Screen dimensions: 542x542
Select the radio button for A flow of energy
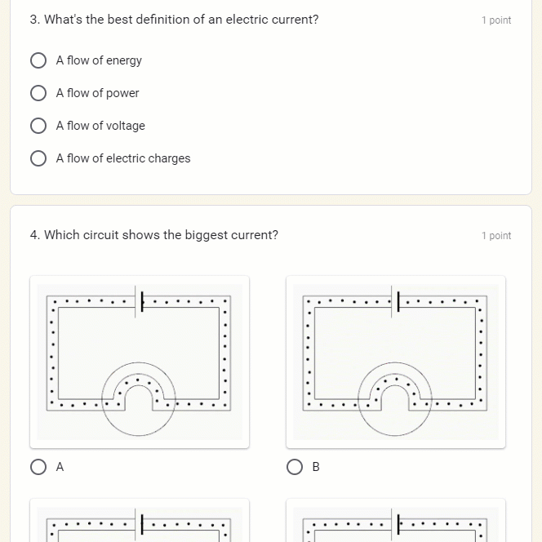tap(38, 60)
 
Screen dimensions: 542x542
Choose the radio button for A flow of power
tap(38, 93)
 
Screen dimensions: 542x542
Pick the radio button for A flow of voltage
tap(38, 126)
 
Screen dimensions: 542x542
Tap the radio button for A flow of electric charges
tap(38, 158)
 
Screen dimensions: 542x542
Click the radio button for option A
tap(38, 467)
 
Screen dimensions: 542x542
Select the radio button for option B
tap(295, 467)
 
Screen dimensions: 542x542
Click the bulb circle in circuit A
tap(139, 398)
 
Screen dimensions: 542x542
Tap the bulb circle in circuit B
tap(395, 398)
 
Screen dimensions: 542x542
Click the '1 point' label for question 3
tap(495, 20)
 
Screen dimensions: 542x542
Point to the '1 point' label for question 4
tap(495, 236)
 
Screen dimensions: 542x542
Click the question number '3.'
tap(35, 20)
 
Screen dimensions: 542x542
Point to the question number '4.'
tap(35, 235)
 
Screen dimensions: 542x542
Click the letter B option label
tap(316, 467)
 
